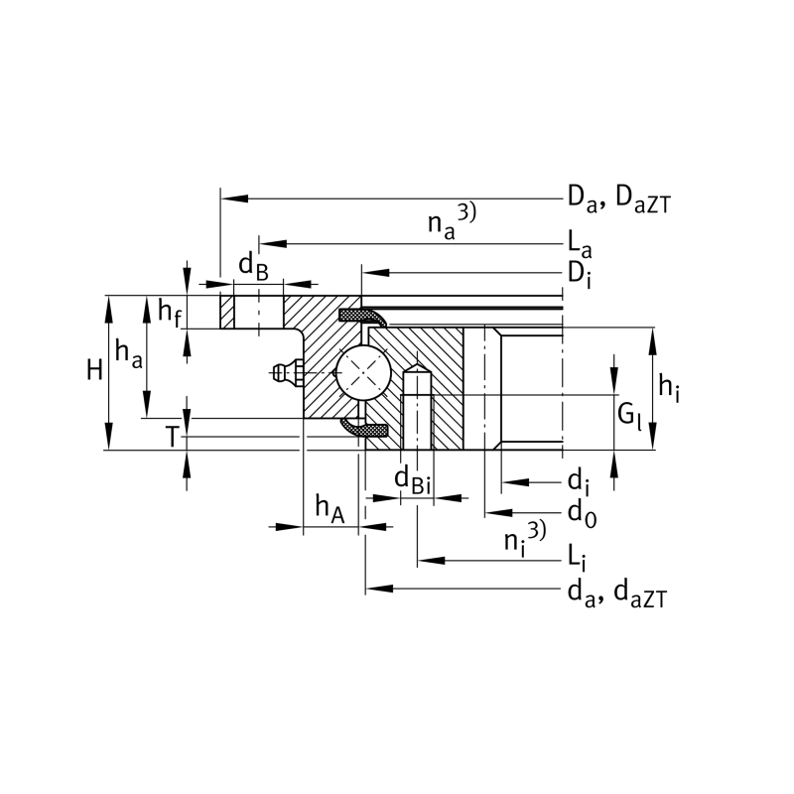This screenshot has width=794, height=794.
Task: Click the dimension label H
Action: (94, 370)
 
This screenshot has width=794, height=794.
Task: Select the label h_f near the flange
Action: (169, 312)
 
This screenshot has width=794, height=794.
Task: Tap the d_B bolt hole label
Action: (253, 266)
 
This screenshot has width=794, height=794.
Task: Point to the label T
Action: (172, 437)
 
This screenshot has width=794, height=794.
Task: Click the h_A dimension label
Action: (330, 509)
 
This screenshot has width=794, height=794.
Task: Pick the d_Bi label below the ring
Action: (413, 480)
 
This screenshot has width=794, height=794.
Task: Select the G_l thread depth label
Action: (629, 416)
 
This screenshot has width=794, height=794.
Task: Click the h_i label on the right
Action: (668, 388)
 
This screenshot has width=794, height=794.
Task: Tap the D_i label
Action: (580, 276)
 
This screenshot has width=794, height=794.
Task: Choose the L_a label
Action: (580, 245)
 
